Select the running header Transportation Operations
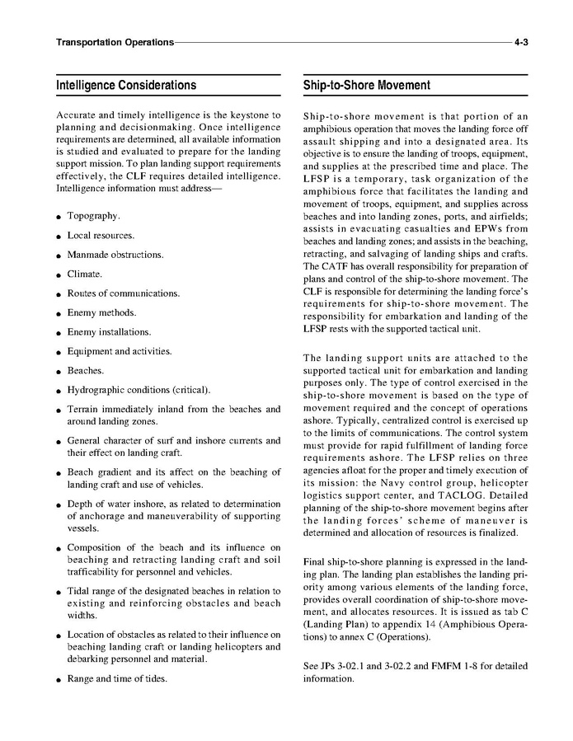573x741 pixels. [x=115, y=41]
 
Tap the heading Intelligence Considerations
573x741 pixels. [x=126, y=85]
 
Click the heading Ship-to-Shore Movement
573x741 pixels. [x=367, y=85]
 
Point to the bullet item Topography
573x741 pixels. [x=93, y=216]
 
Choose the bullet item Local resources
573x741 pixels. [x=101, y=236]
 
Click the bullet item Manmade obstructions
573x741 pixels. [x=115, y=255]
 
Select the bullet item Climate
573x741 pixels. [x=85, y=274]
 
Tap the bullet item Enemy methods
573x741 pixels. [x=101, y=312]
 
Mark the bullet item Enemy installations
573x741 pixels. [x=109, y=332]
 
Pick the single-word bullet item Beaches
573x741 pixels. [x=86, y=371]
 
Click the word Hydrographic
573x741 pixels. [x=99, y=390]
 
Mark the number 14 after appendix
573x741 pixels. [x=424, y=623]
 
